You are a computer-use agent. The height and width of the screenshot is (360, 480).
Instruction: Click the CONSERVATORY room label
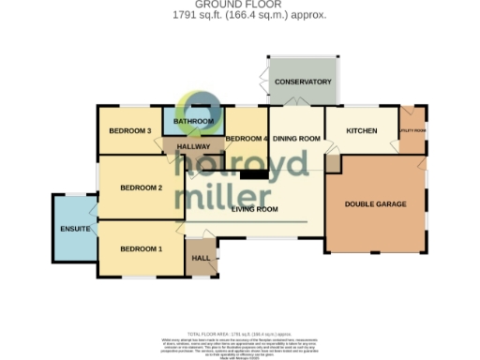coord(303,82)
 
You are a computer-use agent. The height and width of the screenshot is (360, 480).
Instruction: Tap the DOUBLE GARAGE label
coord(375,204)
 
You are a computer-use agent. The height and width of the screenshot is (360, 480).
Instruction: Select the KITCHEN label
coord(361,130)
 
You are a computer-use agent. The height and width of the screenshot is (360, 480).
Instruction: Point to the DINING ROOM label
coord(296,140)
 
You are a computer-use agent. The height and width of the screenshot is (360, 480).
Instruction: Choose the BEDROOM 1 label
coord(141,248)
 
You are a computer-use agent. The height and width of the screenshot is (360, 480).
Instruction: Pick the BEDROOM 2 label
coord(142,187)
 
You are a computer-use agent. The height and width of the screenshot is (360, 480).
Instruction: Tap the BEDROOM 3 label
coord(130,130)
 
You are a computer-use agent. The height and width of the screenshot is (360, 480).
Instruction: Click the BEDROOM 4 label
coord(247,140)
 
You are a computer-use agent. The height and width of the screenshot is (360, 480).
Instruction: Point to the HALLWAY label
coord(193,147)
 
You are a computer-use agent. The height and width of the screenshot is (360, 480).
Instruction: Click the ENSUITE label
coord(75,228)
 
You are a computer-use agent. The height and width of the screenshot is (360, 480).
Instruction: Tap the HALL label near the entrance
coord(201,257)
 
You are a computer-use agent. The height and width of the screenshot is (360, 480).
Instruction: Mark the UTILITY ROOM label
coord(412,130)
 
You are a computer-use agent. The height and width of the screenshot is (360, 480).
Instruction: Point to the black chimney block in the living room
coord(253,173)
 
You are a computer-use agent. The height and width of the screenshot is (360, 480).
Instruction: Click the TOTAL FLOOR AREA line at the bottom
coord(240,334)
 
